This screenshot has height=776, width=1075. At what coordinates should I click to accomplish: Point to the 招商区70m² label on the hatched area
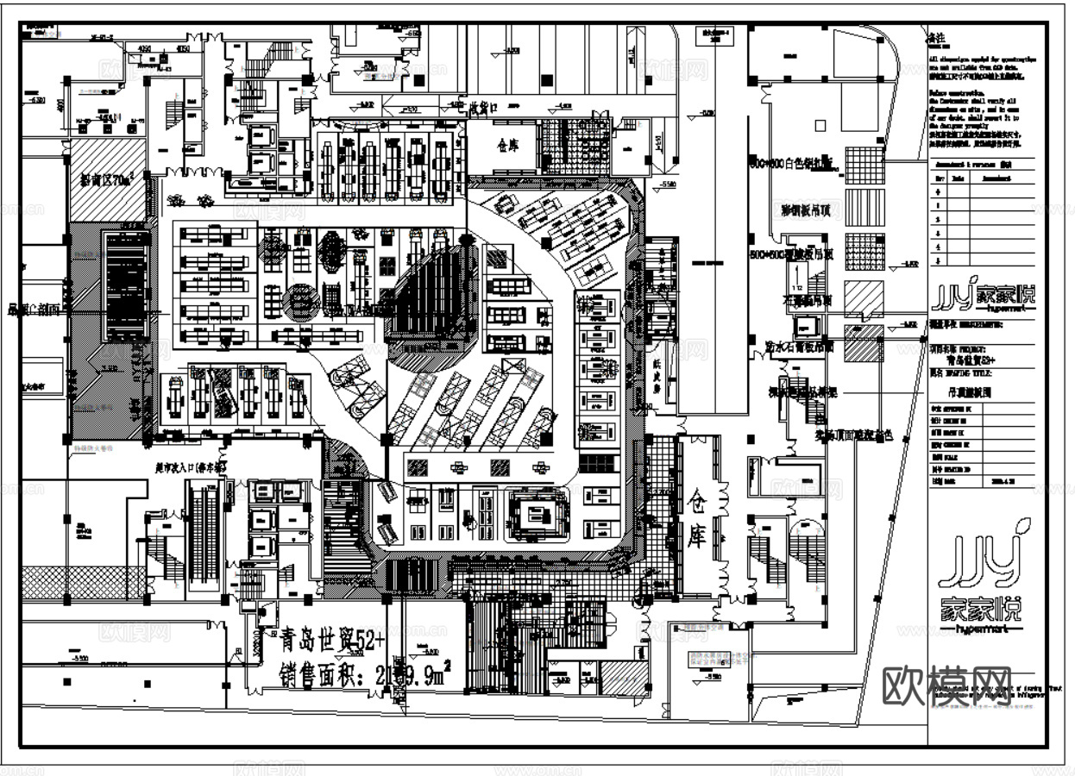pyautogui.click(x=106, y=180)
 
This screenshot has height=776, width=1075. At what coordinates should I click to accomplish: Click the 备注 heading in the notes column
pyautogui.click(x=937, y=39)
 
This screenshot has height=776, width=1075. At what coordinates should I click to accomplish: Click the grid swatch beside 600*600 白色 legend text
pyautogui.click(x=864, y=164)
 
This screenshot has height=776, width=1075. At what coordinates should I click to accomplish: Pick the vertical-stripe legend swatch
pyautogui.click(x=864, y=208)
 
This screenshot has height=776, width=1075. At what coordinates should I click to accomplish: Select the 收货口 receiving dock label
pyautogui.click(x=484, y=107)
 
